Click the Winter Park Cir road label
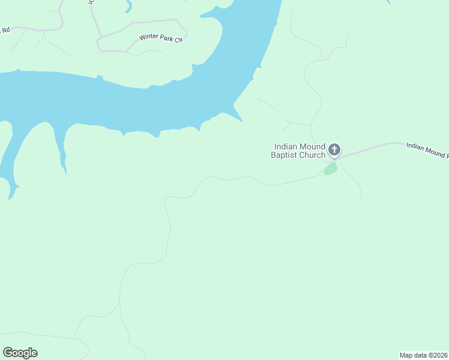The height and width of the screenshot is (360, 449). tap(160, 37)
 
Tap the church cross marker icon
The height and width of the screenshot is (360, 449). tap(334, 150)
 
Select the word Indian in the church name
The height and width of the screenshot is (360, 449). tap(285, 146)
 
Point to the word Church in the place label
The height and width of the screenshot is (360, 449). tap(313, 155)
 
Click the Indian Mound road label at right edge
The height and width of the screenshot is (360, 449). tap(427, 149)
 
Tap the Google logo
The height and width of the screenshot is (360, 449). tap(20, 352)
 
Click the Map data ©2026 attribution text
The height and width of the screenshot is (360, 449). tap(423, 355)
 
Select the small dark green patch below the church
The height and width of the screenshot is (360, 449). tap(330, 169)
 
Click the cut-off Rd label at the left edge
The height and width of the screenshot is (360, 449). tap(5, 29)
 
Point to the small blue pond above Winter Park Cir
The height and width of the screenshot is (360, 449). tap(128, 7)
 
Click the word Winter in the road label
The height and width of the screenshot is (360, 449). tap(148, 37)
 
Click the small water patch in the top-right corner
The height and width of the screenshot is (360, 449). tap(388, 2)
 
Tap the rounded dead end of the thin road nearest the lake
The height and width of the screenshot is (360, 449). tap(259, 99)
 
